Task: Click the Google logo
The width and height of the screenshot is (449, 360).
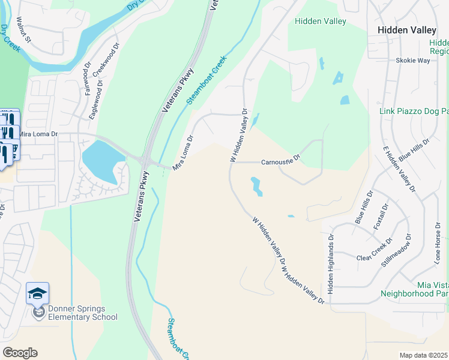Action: pos(20,353)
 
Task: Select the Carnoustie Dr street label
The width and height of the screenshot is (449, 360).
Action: pos(280,162)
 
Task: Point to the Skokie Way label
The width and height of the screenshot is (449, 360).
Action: pos(412,61)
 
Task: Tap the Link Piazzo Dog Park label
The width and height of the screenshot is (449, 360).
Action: pos(414,112)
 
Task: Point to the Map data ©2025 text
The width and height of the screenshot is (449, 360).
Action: pos(423,355)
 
